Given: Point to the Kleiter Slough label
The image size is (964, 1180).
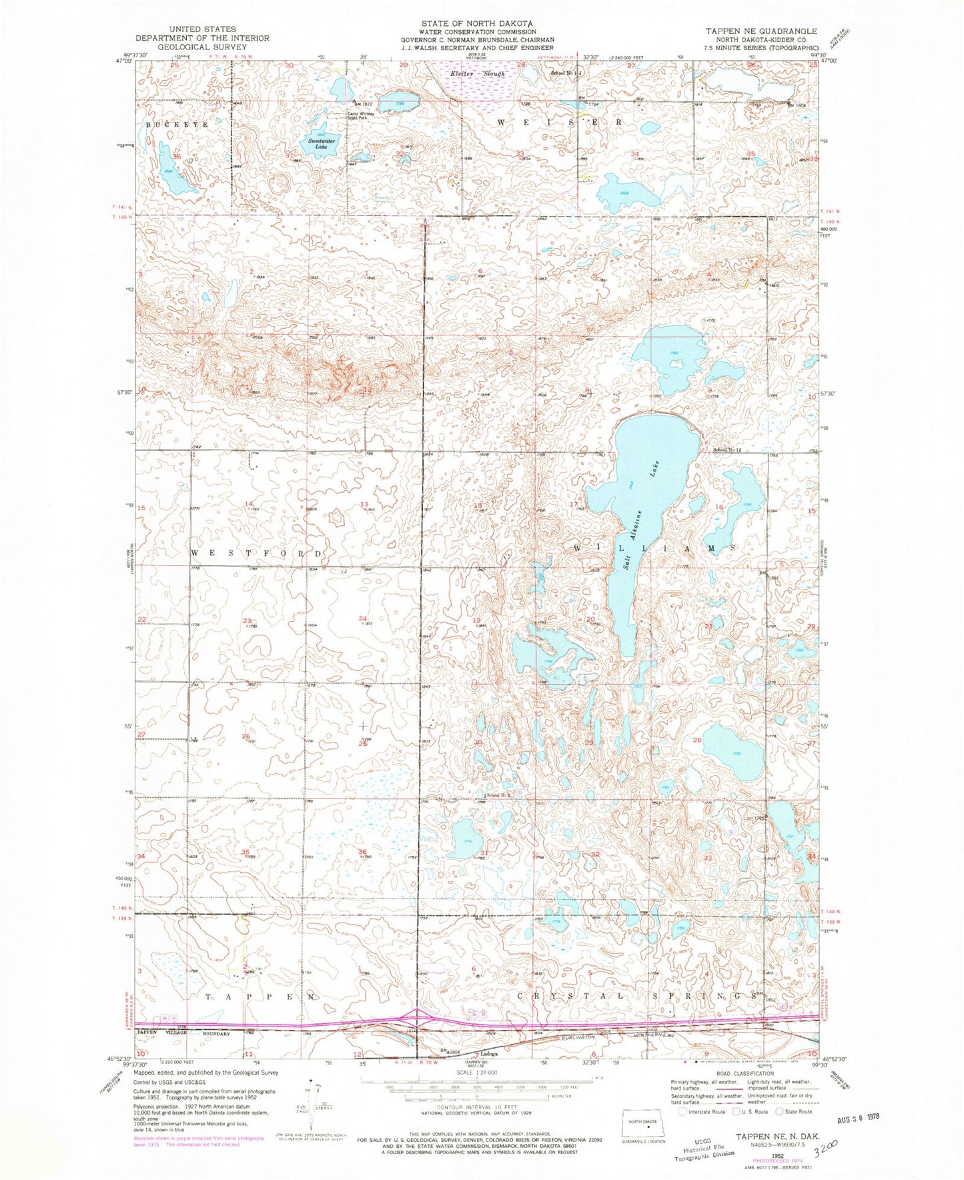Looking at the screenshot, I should (x=477, y=73).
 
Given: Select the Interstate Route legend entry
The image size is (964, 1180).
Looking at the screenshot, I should (x=702, y=1112).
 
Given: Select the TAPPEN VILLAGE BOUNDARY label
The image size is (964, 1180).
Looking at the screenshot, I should (x=183, y=1033).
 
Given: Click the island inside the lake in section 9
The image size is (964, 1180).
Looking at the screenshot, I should (x=677, y=364).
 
